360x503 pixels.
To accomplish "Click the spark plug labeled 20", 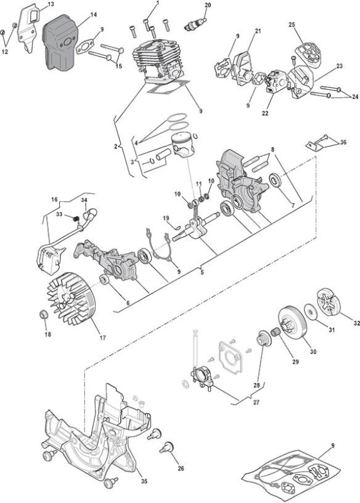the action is [195, 25].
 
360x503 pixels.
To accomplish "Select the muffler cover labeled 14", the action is [59, 42].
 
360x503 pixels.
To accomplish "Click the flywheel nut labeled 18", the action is [43, 314].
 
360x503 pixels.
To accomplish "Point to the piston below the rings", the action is [183, 145].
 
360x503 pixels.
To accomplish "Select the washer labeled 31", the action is [310, 311].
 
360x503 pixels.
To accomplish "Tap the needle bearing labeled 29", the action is [276, 332].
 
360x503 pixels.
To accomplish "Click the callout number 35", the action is [144, 481].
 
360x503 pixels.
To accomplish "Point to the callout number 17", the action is [103, 338].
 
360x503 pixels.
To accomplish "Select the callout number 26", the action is [181, 468].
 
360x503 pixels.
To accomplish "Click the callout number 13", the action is [51, 4].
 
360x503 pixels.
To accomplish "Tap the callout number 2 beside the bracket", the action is [116, 146].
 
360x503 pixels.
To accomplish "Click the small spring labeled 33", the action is [76, 218].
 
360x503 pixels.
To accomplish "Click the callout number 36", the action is [343, 142].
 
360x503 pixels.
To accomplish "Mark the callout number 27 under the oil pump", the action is [256, 402].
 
